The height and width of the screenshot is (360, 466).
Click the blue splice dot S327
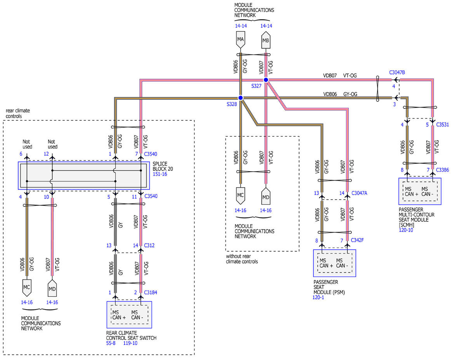click(266, 80)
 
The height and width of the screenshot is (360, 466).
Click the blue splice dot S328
click(240, 98)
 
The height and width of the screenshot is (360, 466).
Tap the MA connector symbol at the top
click(240, 40)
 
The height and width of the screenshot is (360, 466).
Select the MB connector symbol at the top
click(266, 40)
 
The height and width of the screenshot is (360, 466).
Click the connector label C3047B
click(397, 73)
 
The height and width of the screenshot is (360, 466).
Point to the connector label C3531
click(442, 125)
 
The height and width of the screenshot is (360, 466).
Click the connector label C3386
click(442, 170)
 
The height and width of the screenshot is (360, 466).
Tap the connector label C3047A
click(359, 193)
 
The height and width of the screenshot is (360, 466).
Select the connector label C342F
click(357, 240)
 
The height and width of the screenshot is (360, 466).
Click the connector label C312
click(149, 245)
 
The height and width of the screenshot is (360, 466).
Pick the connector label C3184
click(151, 292)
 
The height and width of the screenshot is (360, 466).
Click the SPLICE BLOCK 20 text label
click(163, 166)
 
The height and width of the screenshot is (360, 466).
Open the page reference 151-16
click(160, 174)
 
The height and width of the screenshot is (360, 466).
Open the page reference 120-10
click(406, 230)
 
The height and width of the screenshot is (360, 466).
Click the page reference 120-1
click(318, 297)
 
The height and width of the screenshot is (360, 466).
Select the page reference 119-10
click(130, 343)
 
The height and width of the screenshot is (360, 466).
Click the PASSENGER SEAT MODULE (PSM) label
click(329, 287)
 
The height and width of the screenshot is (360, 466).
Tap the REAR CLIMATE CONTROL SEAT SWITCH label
click(131, 336)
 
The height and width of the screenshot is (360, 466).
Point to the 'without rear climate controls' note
click(242, 259)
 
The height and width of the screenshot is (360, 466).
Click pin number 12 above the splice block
click(46, 154)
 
